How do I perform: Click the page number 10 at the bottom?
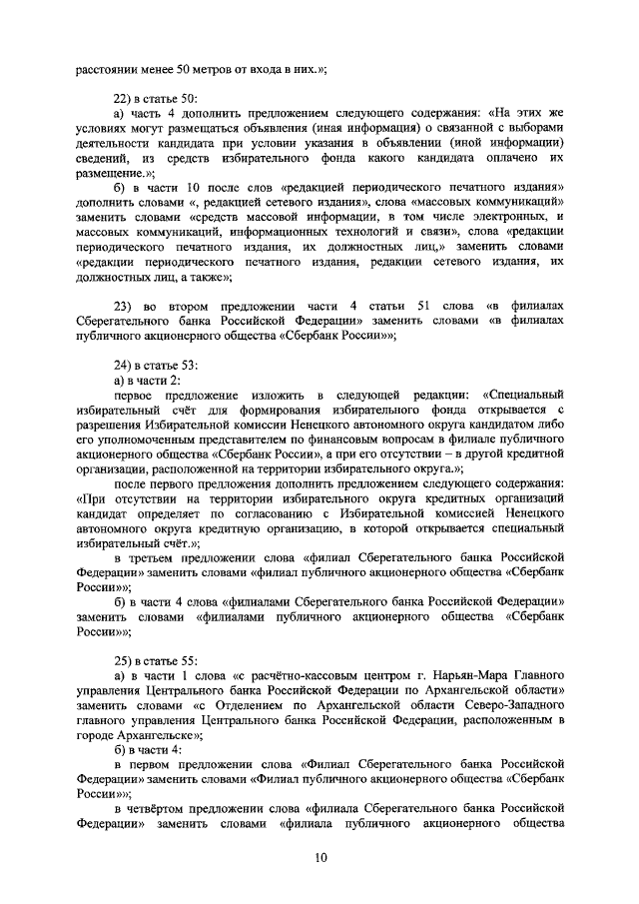[x=319, y=856]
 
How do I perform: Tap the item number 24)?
[x=126, y=365]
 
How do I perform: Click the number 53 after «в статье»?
[x=189, y=365]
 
